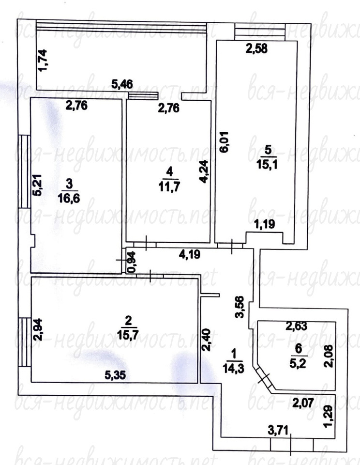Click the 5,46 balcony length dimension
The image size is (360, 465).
click(122, 84)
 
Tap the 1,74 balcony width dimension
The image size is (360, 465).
click(42, 60)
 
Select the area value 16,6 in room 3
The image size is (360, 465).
click(69, 198)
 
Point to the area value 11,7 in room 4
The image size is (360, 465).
click(169, 187)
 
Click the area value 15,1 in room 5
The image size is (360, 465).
click(267, 164)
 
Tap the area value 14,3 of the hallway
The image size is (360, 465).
click(234, 368)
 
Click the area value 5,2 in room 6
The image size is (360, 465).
click(299, 363)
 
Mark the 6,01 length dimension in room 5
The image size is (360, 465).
click(225, 142)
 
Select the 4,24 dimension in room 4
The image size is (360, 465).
click(204, 171)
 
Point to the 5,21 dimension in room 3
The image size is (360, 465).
click(37, 185)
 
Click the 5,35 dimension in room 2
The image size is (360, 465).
click(115, 375)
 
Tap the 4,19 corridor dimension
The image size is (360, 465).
click(190, 254)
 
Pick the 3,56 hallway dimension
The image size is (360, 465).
click(240, 307)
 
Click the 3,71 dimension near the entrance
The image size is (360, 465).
click(278, 430)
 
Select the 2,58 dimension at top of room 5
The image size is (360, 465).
click(256, 48)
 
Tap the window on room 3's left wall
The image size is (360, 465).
click(25, 171)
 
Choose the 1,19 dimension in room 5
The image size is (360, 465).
click(265, 224)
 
